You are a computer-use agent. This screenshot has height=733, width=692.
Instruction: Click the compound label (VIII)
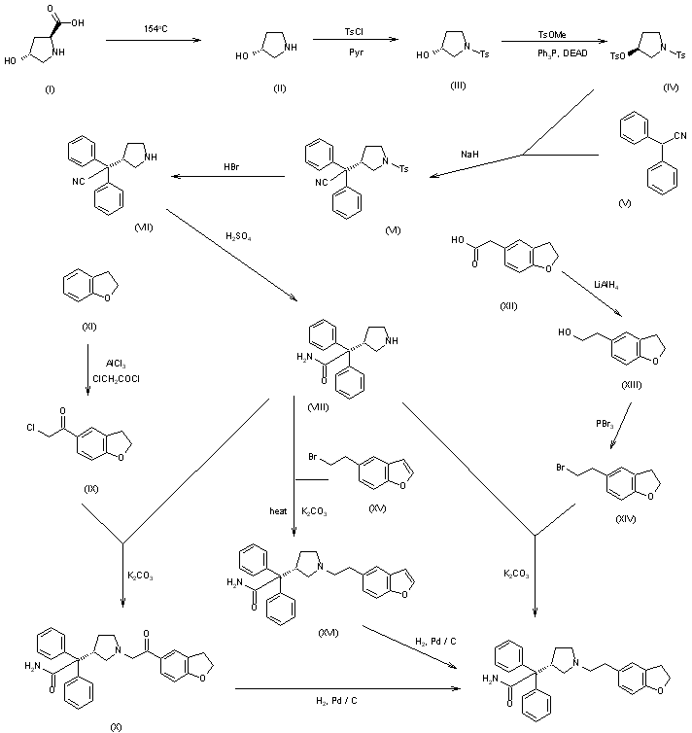click(x=317, y=406)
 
